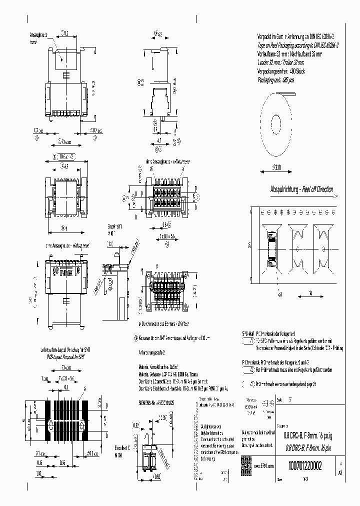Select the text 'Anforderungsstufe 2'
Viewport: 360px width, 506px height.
pyautogui.click(x=153, y=352)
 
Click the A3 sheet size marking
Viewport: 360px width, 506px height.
pyautogui.click(x=341, y=471)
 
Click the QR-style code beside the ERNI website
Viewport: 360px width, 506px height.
pyautogui.click(x=246, y=462)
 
